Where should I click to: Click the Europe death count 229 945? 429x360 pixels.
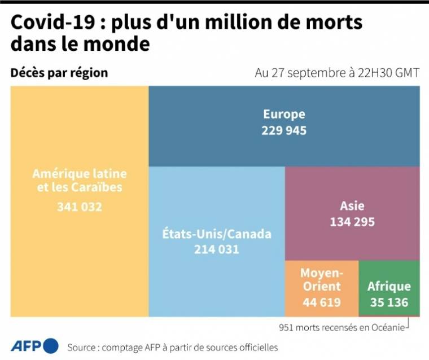284,130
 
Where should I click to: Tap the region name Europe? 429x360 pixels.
284,115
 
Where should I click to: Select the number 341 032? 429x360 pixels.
80,207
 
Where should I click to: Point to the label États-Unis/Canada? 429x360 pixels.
217,234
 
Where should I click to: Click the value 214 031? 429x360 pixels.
217,249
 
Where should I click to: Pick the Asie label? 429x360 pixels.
352,206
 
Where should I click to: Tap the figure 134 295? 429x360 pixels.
352,222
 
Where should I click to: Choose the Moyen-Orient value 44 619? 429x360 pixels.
321,302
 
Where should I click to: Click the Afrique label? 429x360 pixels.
389,286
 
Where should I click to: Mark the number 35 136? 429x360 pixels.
389,302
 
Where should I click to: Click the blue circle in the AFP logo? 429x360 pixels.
50,346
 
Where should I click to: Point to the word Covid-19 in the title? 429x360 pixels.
42,23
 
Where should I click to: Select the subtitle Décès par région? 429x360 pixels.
59,73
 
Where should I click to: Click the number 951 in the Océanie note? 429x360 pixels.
287,327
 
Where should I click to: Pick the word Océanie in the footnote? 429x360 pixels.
387,327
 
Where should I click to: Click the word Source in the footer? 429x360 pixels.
81,347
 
